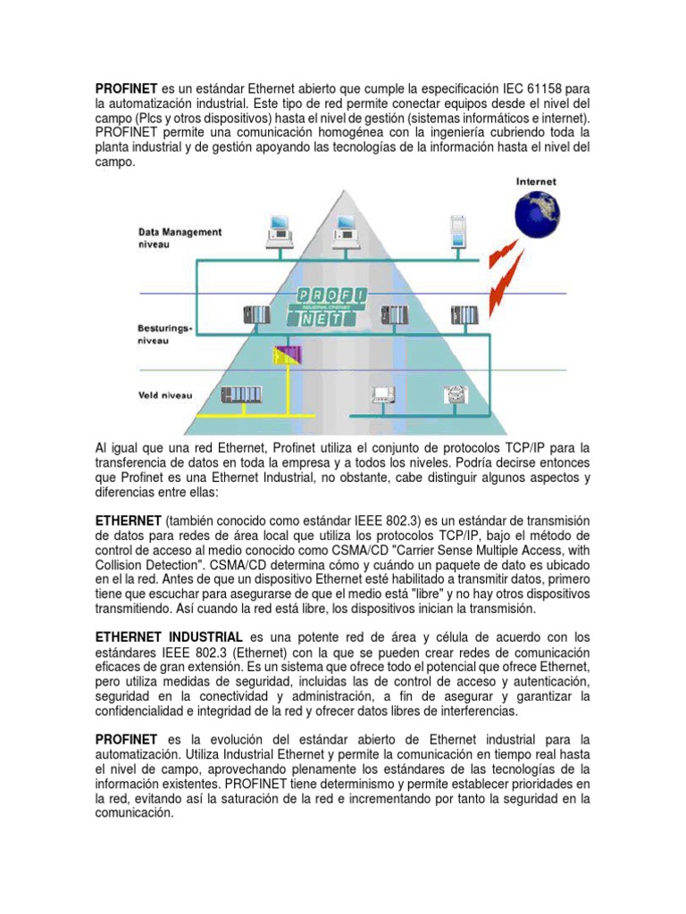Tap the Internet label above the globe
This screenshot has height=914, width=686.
(x=536, y=181)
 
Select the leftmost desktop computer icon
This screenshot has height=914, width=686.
(x=279, y=231)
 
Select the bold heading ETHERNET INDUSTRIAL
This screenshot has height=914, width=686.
(x=169, y=636)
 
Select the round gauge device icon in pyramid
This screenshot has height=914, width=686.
(x=453, y=395)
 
